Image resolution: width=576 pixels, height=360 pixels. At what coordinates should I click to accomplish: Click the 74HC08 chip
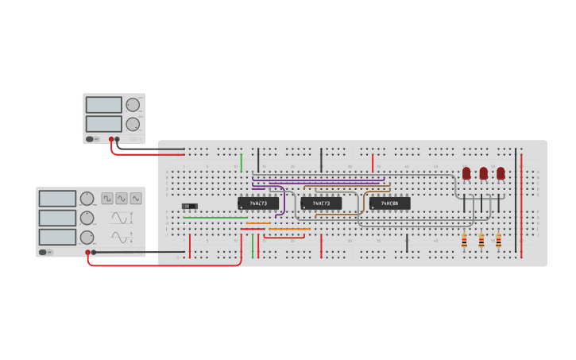click(389, 203)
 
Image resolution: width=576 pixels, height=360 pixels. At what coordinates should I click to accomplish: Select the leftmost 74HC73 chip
click(258, 203)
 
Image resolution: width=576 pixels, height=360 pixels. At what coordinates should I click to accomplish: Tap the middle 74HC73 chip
click(321, 203)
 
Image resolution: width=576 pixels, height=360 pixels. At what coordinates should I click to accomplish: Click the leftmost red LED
click(466, 172)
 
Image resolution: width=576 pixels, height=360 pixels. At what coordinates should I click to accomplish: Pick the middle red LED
click(483, 172)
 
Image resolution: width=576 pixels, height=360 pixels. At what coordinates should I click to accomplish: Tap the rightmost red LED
click(501, 172)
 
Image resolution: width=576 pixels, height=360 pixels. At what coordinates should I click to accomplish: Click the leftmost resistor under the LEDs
click(464, 240)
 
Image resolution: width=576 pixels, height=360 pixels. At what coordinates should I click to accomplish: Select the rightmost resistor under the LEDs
click(498, 240)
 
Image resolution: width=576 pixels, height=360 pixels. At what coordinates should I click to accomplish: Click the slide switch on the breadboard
click(189, 207)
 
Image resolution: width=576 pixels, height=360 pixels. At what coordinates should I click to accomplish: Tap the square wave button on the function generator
click(107, 198)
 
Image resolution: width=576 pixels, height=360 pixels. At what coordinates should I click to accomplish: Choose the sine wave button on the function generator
click(122, 198)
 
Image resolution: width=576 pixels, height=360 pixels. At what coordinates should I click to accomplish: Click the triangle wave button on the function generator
click(136, 198)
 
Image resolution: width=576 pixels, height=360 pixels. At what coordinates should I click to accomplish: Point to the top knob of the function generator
click(87, 199)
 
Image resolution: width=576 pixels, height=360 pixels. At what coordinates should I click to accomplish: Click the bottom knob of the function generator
click(87, 237)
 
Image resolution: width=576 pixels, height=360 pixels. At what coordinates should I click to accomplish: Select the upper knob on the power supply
click(133, 105)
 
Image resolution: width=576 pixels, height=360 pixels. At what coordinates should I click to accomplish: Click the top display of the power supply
click(103, 105)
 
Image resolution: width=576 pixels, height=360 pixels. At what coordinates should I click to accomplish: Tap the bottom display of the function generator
click(57, 237)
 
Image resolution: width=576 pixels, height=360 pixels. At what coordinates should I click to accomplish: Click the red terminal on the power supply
click(111, 140)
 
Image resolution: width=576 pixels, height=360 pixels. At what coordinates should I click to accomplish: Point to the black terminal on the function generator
click(94, 252)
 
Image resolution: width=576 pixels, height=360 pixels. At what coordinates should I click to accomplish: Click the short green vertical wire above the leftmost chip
click(242, 163)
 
